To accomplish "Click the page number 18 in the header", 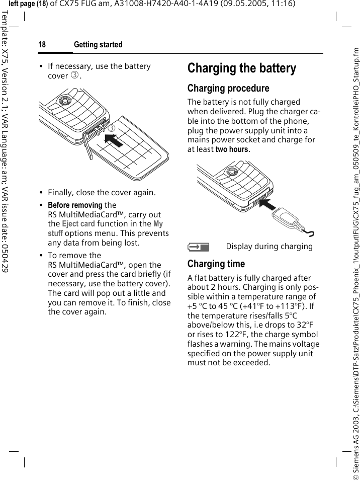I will pyautogui.click(x=42, y=45).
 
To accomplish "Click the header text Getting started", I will pyautogui.click(x=98, y=45).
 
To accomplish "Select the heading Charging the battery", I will pyautogui.click(x=242, y=68).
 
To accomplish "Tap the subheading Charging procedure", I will pyautogui.click(x=228, y=89).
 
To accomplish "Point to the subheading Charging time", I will pyautogui.click(x=216, y=264).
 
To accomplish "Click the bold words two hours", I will pyautogui.click(x=232, y=149).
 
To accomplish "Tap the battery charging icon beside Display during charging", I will pyautogui.click(x=198, y=247).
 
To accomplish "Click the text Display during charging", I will pyautogui.click(x=269, y=247).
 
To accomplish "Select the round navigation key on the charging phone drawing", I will pyautogui.click(x=231, y=171).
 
